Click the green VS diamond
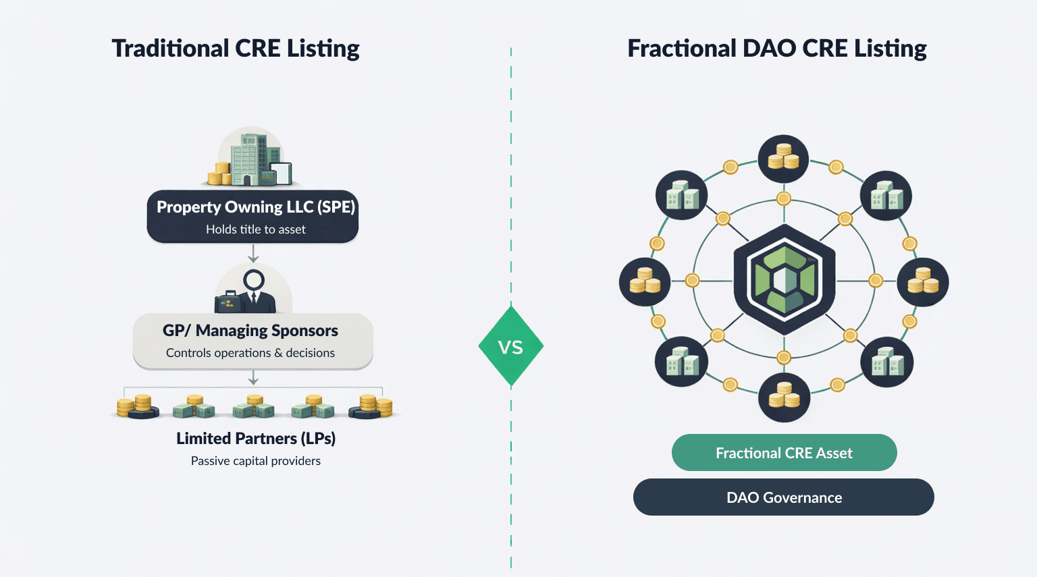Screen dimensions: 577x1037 pos(511,346)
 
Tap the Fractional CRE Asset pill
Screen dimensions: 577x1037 pos(784,453)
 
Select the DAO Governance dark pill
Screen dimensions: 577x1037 pos(783,497)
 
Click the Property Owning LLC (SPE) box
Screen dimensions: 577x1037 pos(252,217)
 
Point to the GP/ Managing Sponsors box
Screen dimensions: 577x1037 pos(252,341)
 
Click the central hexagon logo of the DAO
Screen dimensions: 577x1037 pos(784,279)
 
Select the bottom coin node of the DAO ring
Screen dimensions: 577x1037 pos(783,397)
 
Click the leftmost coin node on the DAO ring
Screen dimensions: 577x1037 pos(645,281)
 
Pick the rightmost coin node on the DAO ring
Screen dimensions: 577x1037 pos(922,281)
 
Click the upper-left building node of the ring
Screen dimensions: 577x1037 pos(682,196)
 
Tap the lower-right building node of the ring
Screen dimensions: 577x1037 pos(886,362)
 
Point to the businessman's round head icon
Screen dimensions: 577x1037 pos(254,279)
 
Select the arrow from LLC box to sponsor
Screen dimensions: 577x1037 pos(253,254)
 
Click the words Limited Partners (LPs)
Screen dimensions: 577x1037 pos(256,439)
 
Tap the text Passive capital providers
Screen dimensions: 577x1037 pos(256,461)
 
